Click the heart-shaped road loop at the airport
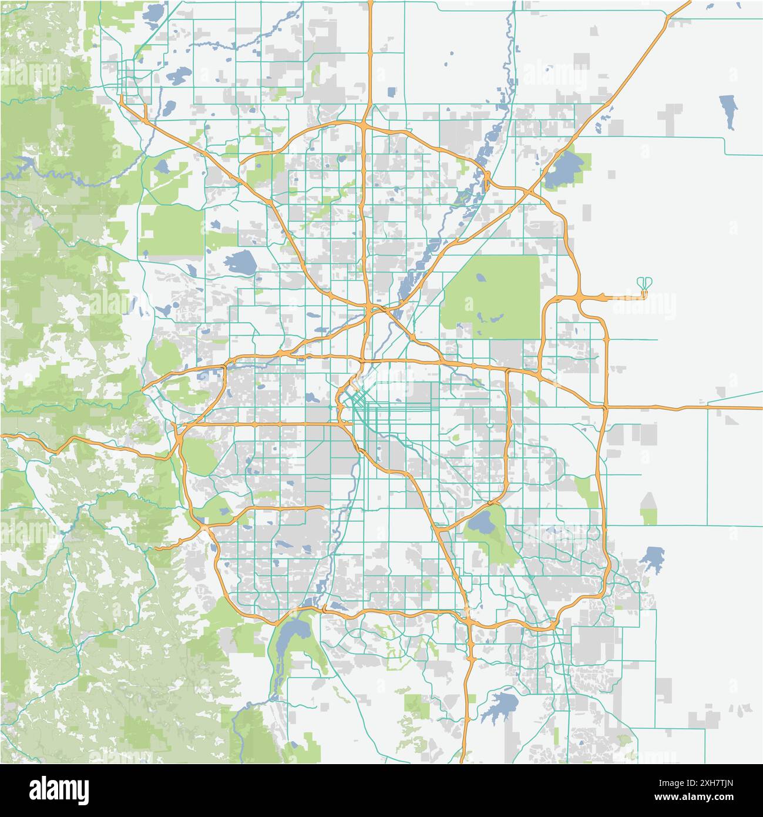coord(644,283)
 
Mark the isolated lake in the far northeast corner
coord(728,111)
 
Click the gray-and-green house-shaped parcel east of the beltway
coord(648,509)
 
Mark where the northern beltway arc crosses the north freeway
coord(365,125)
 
